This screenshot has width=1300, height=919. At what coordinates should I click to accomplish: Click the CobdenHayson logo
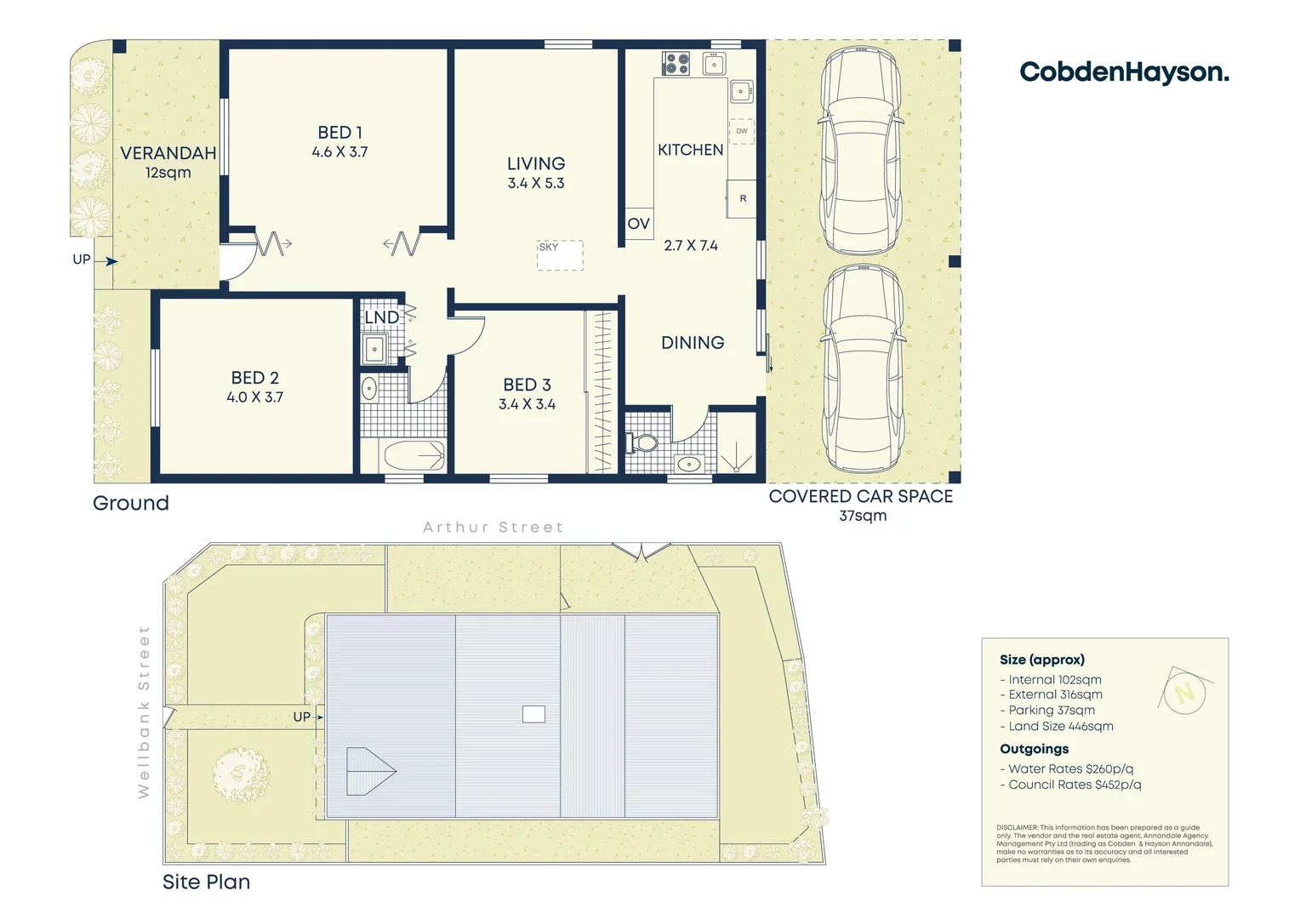(1124, 72)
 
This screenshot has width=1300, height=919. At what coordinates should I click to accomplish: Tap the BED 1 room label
(339, 133)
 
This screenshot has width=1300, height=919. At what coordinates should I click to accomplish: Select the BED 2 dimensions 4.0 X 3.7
(254, 397)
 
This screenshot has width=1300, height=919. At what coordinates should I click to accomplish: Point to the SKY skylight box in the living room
(560, 255)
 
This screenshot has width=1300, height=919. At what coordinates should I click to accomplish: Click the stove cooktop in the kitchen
(676, 63)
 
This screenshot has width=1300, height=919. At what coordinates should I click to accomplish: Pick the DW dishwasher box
(742, 131)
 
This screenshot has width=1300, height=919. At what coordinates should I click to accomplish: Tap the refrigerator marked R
(742, 198)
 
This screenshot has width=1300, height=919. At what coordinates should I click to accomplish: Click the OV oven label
(638, 224)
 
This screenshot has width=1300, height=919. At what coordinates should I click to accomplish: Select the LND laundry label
(381, 317)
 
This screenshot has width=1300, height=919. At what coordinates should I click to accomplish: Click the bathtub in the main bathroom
(414, 456)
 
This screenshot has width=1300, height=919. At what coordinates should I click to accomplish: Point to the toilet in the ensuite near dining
(642, 443)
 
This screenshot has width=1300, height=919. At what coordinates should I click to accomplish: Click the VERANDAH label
(168, 153)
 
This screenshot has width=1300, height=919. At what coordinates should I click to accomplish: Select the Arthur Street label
(493, 528)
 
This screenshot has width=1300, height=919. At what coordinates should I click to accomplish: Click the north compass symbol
(1184, 691)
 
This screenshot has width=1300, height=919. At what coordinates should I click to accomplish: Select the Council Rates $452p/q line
(1074, 785)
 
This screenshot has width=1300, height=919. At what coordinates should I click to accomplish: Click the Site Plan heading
(207, 882)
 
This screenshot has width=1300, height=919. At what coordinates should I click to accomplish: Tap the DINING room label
(693, 342)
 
